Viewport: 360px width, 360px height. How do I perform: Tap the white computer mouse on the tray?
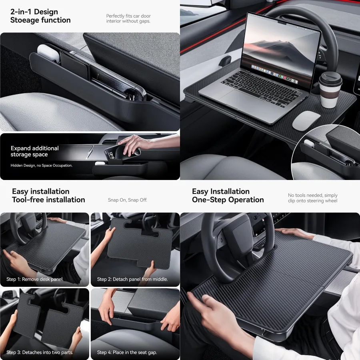point(306,120)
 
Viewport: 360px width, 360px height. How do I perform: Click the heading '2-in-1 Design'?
point(34,12)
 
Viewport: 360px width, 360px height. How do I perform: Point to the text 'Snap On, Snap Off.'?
point(128,200)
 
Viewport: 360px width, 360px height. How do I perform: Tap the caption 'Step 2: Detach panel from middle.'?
point(132,279)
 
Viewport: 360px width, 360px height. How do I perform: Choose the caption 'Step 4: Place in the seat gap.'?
point(127,352)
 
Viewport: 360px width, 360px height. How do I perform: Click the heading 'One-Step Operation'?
point(228,200)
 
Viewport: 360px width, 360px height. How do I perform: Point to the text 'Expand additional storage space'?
point(35,151)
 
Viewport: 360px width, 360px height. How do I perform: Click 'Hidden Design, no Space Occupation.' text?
point(42,165)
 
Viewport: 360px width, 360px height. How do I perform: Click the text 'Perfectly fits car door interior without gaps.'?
point(128,18)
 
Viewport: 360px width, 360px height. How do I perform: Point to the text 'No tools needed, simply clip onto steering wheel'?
point(313,198)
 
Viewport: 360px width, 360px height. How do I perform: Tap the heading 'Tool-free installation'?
point(48,200)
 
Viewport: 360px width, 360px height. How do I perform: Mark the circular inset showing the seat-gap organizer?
point(326,154)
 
